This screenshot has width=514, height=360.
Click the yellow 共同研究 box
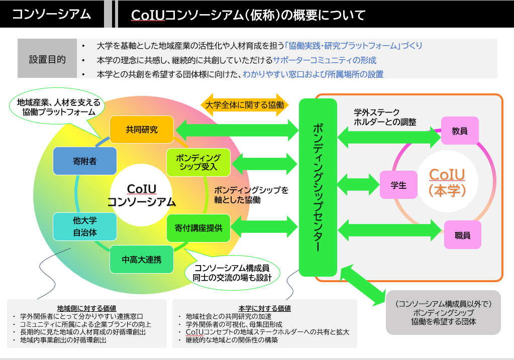(x=142, y=130)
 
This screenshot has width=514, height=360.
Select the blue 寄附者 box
(x=84, y=162)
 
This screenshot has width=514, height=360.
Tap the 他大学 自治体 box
(x=84, y=226)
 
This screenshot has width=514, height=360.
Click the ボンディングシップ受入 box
(x=198, y=162)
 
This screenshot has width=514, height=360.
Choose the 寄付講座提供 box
(x=198, y=227)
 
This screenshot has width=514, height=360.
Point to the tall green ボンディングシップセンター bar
(x=318, y=186)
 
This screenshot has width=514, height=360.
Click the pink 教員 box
(x=460, y=131)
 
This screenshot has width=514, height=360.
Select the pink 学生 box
(x=398, y=185)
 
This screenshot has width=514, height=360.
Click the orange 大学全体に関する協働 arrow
(x=244, y=105)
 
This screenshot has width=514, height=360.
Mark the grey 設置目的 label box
(x=47, y=59)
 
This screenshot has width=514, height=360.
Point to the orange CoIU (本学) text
(x=447, y=182)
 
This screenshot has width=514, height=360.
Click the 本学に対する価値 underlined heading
(x=264, y=308)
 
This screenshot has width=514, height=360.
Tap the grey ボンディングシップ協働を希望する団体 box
(x=443, y=312)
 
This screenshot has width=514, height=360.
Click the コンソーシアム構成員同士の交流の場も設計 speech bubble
(x=232, y=273)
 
